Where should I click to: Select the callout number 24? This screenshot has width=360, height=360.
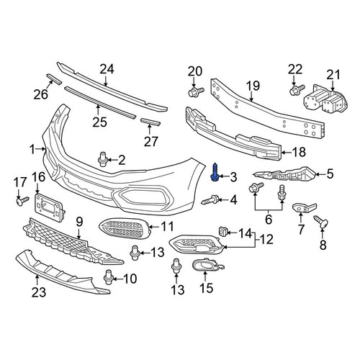point(107,69)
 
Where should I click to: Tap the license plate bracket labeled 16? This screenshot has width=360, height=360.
point(50,207)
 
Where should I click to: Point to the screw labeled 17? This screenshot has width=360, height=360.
point(22,201)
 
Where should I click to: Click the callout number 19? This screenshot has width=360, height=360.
point(253,86)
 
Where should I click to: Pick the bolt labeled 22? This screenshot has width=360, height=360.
point(297,89)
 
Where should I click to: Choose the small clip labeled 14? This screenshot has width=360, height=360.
point(222,232)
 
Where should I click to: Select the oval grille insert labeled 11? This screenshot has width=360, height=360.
point(124,228)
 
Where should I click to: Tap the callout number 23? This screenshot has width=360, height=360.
point(39,292)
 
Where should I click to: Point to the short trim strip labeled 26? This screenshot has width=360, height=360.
point(54,79)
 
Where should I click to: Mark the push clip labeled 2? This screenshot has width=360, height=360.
point(103,159)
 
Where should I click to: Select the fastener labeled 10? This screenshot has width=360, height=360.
point(108,277)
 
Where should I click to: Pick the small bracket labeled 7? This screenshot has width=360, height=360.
point(304,207)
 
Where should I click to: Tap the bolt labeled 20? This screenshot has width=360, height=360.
point(196,92)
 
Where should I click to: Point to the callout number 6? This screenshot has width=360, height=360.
point(269,220)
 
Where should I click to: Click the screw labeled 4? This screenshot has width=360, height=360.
point(211,199)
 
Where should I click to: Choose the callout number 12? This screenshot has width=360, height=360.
point(266,239)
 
